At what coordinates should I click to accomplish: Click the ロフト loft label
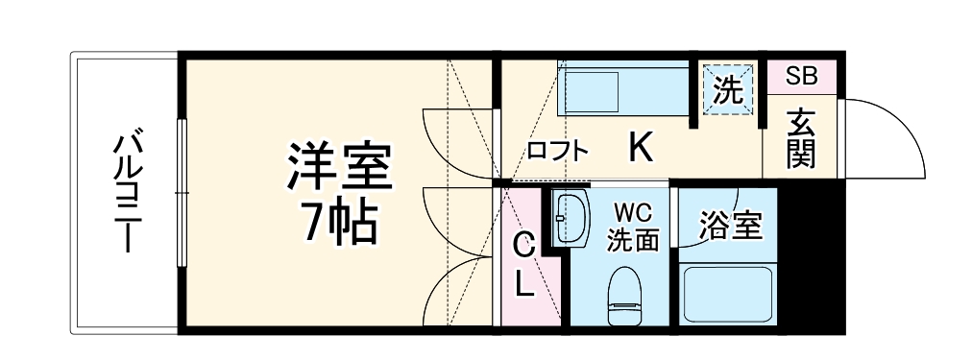[x=557, y=151]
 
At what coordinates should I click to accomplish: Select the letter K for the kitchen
[x=641, y=148]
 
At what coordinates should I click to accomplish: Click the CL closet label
[x=522, y=265]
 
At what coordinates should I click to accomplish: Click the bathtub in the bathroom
[x=728, y=294]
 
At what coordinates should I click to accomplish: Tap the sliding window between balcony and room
[x=181, y=192]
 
